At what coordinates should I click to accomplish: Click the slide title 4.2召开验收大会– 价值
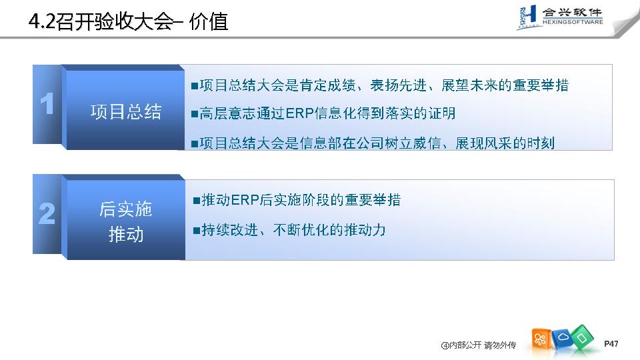pos(128,21)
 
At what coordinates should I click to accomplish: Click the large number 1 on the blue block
pos(47,103)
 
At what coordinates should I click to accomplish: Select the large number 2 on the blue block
pos(47,213)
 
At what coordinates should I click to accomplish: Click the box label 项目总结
pos(126,112)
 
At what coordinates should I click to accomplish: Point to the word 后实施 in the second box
pos(126,209)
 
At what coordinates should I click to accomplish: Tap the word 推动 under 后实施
pos(126,235)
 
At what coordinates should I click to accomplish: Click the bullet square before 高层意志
pos(195,114)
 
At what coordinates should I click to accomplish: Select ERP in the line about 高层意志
pos(299,113)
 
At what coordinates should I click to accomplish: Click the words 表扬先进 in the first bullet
pos(399,85)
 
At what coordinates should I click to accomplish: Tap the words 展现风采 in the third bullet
pos(484,143)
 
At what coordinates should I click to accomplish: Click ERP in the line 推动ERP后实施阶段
pos(245,200)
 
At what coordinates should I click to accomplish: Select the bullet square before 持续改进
pos(197,231)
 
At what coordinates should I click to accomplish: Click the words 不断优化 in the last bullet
pos(301,230)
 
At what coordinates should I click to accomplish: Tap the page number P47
pos(611,344)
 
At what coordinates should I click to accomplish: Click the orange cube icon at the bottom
pos(540,339)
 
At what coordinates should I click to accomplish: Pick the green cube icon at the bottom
pos(581,337)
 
